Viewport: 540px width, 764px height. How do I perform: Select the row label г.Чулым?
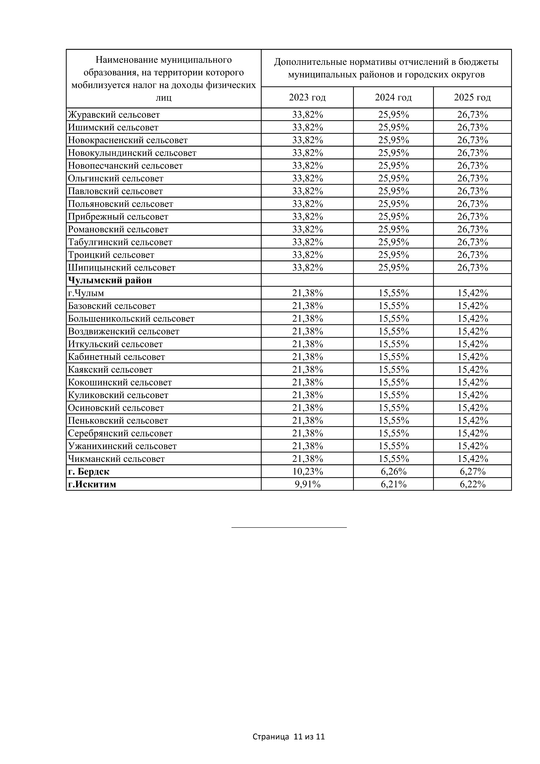86,293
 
